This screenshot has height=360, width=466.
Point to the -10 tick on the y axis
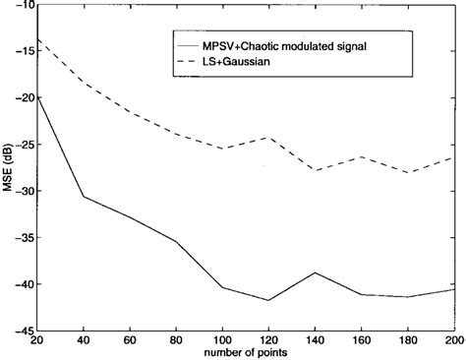tap(22, 5)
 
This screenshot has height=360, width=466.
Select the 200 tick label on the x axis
tap(453, 340)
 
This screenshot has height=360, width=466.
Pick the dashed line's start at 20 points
tap(38, 39)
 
